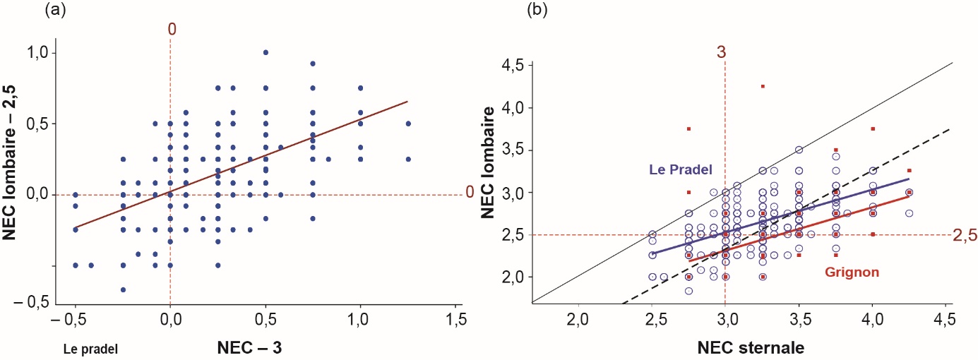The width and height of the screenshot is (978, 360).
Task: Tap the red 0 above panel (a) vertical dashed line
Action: (171, 29)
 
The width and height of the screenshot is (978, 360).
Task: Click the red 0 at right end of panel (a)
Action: (469, 193)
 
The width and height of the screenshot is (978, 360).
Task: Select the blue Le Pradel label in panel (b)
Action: (679, 170)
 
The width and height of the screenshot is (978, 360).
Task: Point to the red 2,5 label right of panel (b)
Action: (962, 235)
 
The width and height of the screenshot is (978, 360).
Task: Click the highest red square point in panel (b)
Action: (763, 86)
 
